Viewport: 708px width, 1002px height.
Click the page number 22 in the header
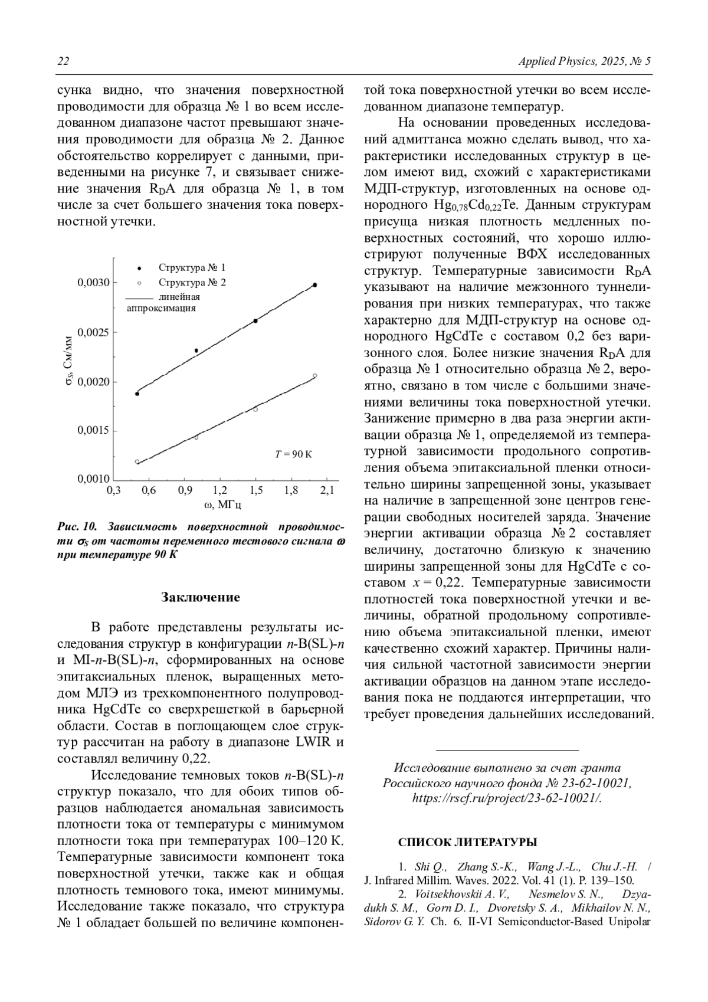coord(63,61)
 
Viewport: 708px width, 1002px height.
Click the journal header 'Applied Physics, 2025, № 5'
coord(584,61)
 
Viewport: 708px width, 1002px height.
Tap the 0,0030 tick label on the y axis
coord(93,283)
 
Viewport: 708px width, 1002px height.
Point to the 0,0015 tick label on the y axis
coord(93,431)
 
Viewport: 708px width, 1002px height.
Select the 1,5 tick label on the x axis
coord(255,490)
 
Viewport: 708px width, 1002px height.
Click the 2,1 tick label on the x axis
coord(327,490)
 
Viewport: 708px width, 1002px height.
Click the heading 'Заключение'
coord(201,597)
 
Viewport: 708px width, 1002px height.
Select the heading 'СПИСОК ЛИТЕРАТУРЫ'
coord(467,842)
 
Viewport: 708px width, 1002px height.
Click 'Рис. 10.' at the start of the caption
coord(77,526)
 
